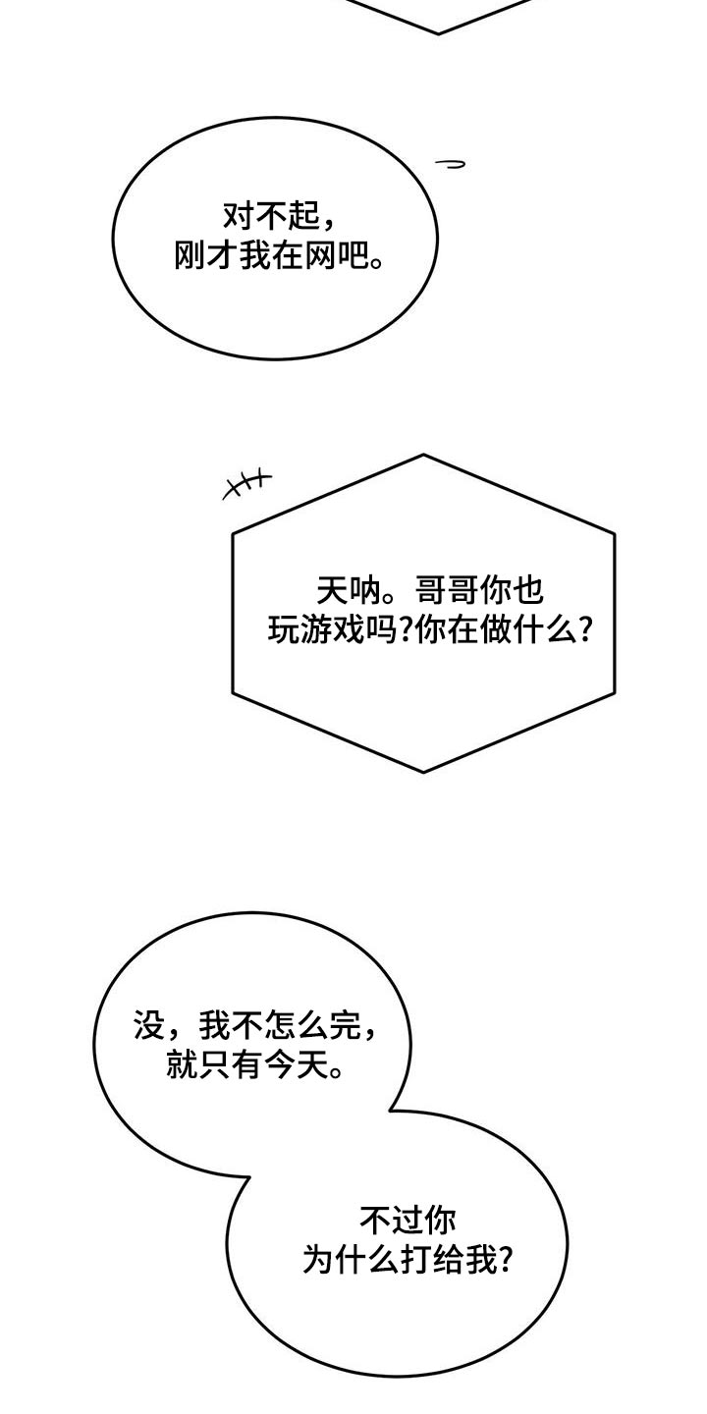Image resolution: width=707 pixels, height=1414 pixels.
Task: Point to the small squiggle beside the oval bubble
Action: (450, 164)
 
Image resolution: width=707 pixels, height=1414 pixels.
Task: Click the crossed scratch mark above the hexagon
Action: (246, 483)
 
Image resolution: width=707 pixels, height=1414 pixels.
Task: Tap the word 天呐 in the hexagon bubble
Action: (350, 591)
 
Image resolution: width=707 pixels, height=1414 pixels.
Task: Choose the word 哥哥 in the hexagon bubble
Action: (447, 591)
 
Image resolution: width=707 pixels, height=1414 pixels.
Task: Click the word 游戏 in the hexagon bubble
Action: (333, 629)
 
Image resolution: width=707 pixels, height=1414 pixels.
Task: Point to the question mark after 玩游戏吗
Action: (408, 630)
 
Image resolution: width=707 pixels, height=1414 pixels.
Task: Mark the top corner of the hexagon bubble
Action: (423, 455)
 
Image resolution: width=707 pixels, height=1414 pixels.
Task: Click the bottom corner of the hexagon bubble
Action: (423, 772)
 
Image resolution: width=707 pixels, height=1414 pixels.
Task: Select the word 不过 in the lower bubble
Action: (392, 1221)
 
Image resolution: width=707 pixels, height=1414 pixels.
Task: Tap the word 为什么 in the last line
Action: (352, 1259)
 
